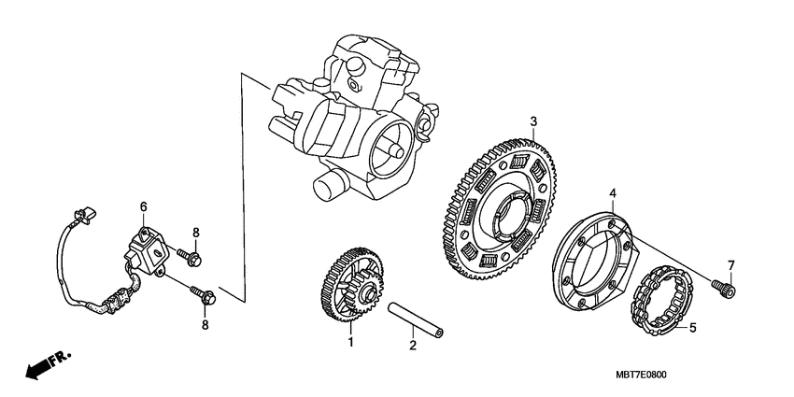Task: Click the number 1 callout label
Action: pos(351,344)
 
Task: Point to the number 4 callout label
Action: pos(613,193)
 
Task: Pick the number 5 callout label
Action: pos(692,328)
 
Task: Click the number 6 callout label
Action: pos(144,206)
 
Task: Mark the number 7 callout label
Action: pos(731,265)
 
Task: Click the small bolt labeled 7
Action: pos(724,289)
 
